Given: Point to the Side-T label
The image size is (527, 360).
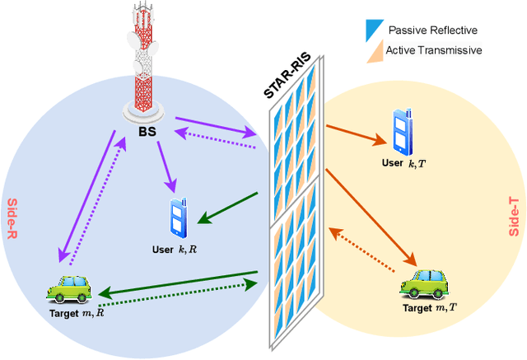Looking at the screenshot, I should pos(514,217).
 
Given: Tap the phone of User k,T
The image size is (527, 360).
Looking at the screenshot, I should pos(403,132).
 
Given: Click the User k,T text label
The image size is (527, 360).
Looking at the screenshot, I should pos(404,163).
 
